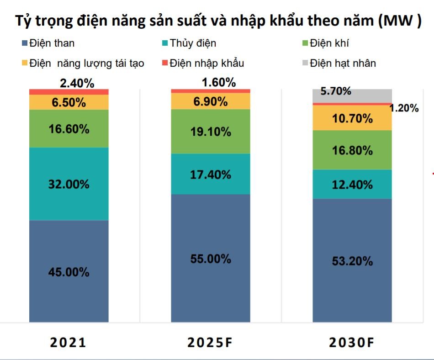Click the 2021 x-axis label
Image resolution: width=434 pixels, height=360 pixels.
point(69,343)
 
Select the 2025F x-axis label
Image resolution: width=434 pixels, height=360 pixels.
point(211,343)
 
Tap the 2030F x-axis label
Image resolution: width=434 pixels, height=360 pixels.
point(352,343)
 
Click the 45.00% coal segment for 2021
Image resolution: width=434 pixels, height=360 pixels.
point(69,272)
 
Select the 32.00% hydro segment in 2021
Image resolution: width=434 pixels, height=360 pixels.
point(69,184)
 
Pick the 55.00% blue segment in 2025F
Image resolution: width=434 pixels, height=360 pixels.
point(211,259)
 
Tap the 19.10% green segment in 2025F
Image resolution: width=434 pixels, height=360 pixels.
point(211,132)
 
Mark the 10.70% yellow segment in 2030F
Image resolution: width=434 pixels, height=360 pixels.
point(352,118)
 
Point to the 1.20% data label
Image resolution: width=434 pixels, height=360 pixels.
point(404,108)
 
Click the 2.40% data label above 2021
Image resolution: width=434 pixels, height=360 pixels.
point(77,83)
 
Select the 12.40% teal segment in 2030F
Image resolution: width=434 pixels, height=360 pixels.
point(352,185)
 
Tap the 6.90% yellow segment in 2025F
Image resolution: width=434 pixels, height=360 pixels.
point(211,101)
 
